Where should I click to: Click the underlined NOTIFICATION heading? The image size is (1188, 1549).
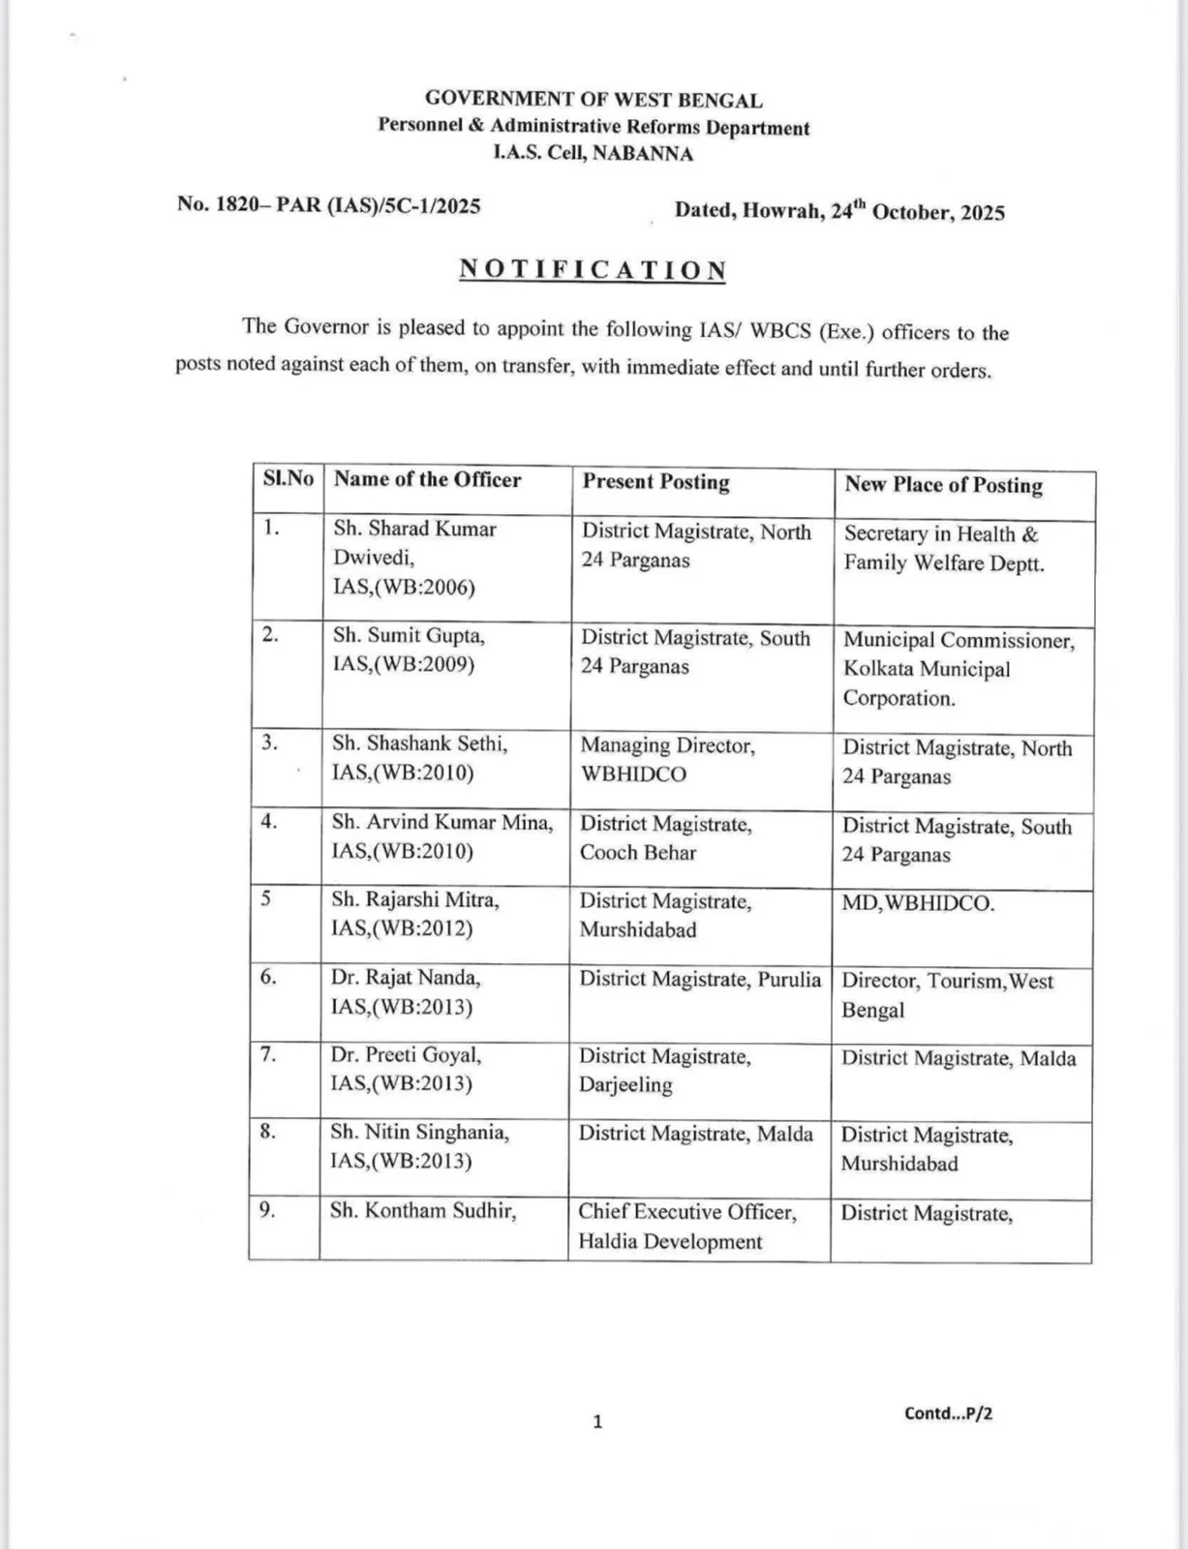click(593, 270)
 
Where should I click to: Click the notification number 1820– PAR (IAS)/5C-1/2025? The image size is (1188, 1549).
click(328, 205)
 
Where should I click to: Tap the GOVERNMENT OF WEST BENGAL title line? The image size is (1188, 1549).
click(594, 100)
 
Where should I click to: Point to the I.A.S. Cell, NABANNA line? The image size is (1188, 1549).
click(594, 153)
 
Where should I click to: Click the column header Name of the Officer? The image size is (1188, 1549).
click(427, 480)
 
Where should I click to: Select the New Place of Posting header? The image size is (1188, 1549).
click(943, 485)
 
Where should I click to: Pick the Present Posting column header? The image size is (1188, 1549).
click(655, 482)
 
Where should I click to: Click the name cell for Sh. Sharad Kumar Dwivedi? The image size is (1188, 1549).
click(414, 558)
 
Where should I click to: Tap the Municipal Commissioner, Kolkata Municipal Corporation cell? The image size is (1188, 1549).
click(958, 669)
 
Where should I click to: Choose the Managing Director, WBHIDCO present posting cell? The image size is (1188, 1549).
click(667, 760)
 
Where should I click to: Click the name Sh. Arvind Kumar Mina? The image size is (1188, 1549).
click(442, 822)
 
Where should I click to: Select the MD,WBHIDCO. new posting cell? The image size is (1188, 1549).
click(918, 904)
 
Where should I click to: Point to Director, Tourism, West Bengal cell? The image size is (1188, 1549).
click(947, 995)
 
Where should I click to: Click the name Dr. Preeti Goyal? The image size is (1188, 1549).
click(406, 1055)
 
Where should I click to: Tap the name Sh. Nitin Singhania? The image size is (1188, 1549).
click(419, 1132)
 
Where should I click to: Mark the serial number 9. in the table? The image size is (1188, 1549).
click(267, 1210)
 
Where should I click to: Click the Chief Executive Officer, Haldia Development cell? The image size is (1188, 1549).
click(686, 1227)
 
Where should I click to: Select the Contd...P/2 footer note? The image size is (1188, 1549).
click(948, 1413)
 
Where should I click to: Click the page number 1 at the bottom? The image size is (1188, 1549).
click(597, 1422)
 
